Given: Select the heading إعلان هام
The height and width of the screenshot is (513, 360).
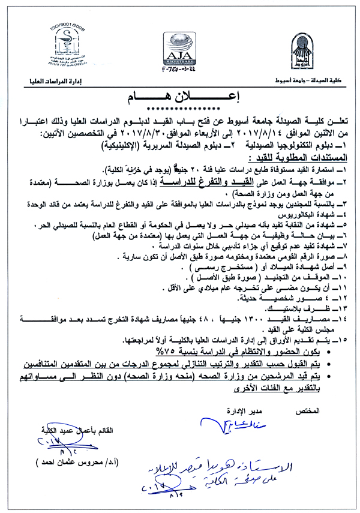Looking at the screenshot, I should pyautogui.click(x=181, y=97).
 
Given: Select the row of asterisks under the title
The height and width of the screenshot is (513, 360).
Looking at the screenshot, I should pyautogui.click(x=180, y=109).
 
